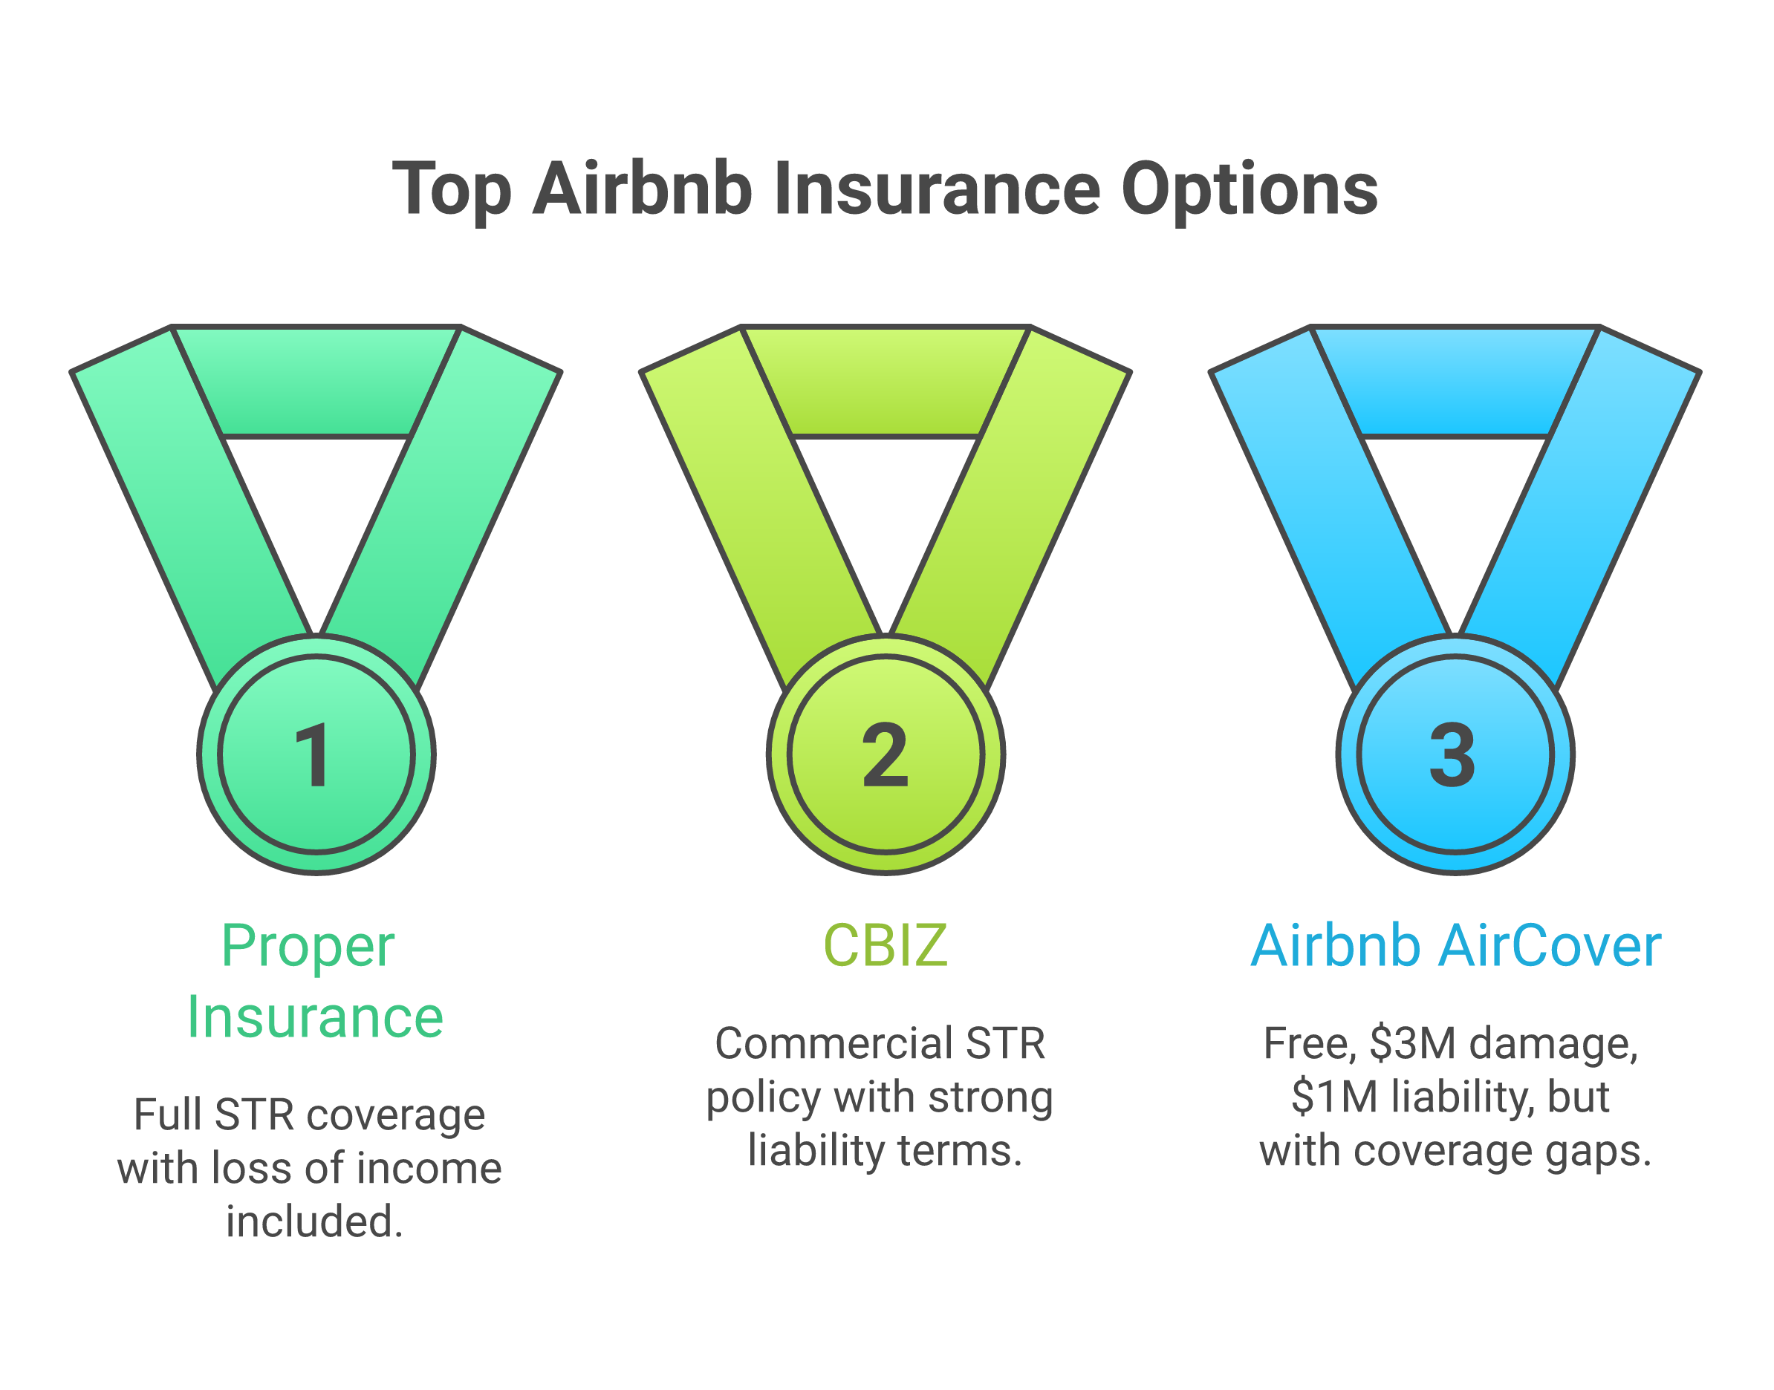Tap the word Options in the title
click(x=1249, y=189)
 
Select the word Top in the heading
click(x=451, y=190)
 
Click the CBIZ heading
click(x=885, y=947)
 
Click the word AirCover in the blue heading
click(x=1550, y=947)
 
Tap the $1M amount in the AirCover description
click(x=1334, y=1097)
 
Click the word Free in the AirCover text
click(x=1307, y=1043)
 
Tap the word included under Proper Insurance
click(x=314, y=1222)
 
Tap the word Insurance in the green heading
click(x=314, y=1018)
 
